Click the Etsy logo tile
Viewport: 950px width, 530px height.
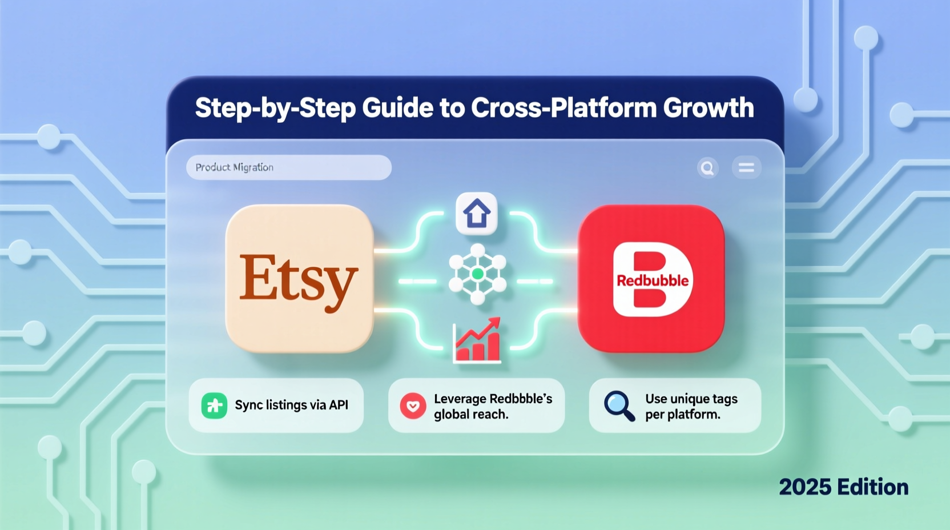pos(300,278)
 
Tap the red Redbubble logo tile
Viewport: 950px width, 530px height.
pos(651,278)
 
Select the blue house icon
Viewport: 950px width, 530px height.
pos(477,214)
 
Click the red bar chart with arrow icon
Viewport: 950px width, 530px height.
pos(477,341)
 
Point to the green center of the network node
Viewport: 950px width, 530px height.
pos(478,275)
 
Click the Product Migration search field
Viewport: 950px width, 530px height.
pos(288,167)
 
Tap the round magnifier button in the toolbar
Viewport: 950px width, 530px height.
pos(707,168)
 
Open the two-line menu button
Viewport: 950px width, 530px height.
pos(746,168)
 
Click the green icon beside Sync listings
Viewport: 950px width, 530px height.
pos(214,405)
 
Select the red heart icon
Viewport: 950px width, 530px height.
pos(413,406)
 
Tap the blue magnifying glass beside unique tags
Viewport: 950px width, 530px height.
pos(619,405)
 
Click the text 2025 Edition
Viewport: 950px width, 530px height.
pos(843,487)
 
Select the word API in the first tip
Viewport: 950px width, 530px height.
pos(339,405)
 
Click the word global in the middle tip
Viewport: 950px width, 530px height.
pos(450,415)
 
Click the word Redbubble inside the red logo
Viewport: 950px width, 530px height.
pos(653,280)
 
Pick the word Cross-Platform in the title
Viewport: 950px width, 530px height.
pos(564,108)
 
